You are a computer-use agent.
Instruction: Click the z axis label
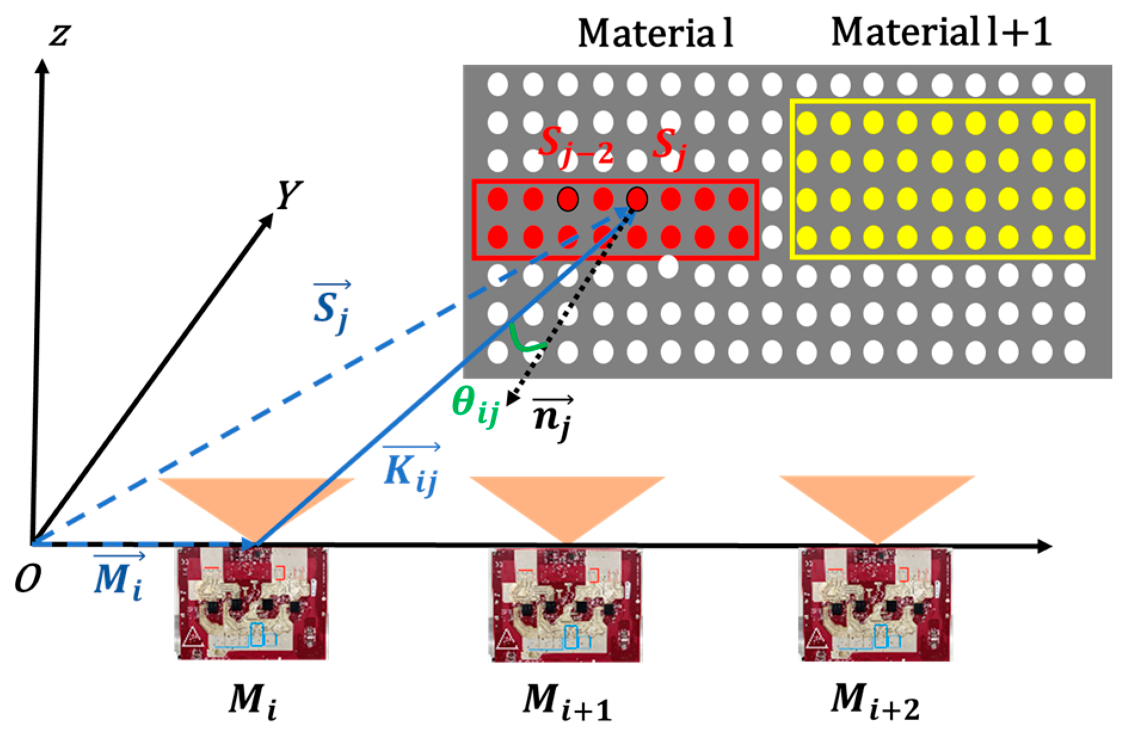coord(60,34)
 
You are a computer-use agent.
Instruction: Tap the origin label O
coord(27,578)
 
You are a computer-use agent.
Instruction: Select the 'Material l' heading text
coord(655,33)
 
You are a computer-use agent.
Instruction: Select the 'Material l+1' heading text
coord(941,32)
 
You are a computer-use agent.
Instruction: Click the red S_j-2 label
coord(574,147)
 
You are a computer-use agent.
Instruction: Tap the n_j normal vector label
coord(552,416)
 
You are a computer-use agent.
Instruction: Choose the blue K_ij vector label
coord(411,470)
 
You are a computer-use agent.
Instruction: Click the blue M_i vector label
coord(118,578)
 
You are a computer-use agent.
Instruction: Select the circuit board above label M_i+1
coord(566,604)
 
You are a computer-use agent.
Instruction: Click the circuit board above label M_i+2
coord(875,604)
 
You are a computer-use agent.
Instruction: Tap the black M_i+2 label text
coord(875,701)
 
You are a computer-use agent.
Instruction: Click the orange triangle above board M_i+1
coord(567,498)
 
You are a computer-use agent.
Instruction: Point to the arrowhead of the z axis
coord(42,66)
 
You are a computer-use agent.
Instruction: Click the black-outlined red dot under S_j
coord(637,199)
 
